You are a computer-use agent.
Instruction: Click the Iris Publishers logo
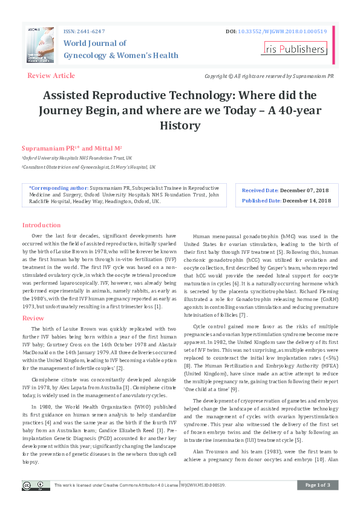295,48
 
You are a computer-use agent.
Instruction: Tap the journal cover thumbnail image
40,45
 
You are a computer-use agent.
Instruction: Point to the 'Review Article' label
51,76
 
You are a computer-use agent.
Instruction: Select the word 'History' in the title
180,126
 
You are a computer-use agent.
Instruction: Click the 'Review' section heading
33,318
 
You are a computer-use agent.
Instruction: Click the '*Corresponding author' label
57,188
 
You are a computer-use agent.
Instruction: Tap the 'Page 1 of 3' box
318,485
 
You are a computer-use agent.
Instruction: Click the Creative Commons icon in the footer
36,485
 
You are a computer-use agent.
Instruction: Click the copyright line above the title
269,76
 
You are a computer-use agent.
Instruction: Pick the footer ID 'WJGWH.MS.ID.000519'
203,485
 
